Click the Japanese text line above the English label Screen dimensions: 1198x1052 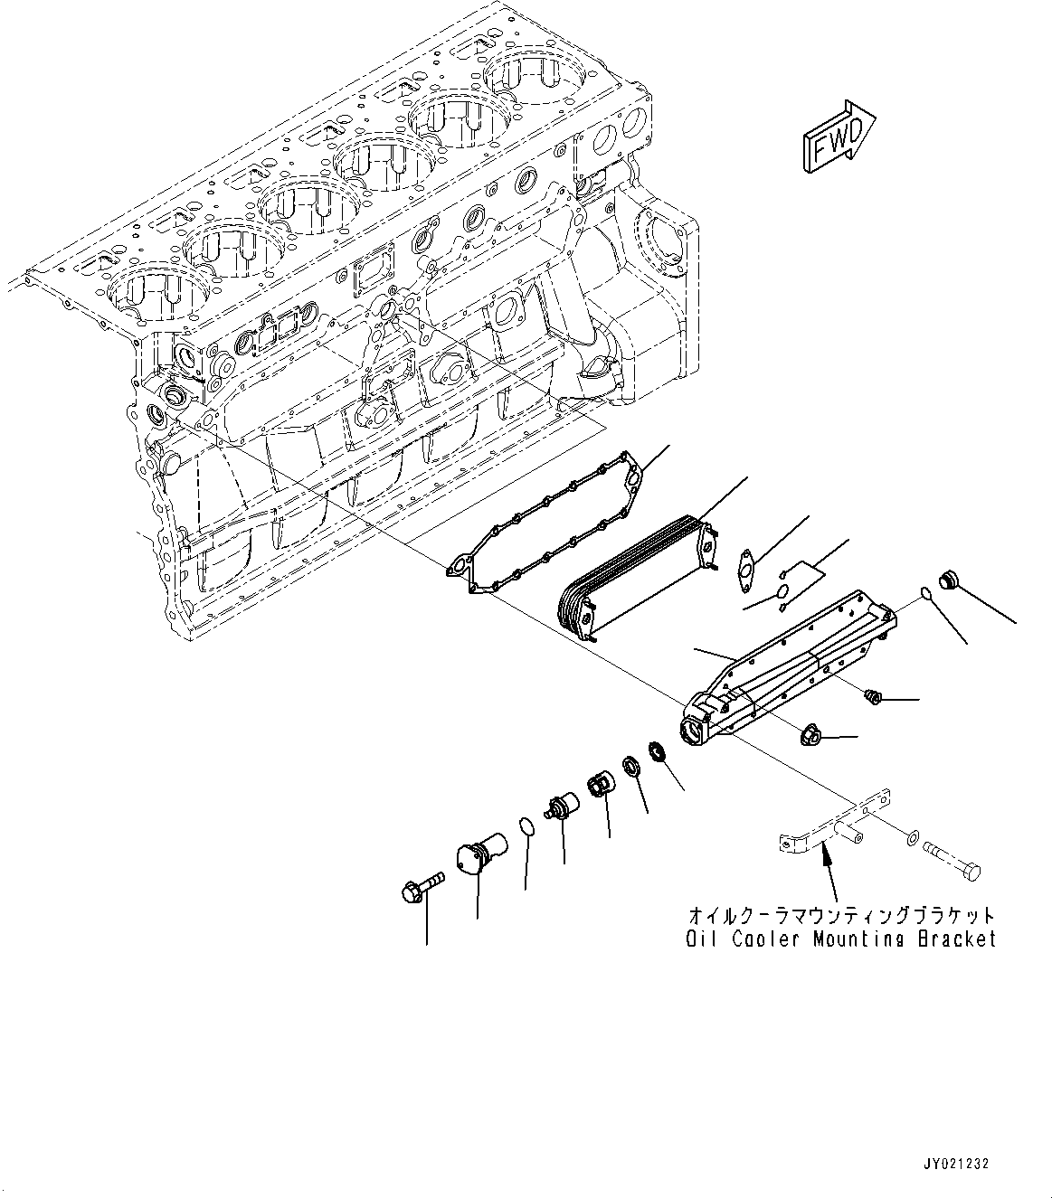point(840,915)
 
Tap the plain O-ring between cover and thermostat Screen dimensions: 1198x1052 point(526,825)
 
